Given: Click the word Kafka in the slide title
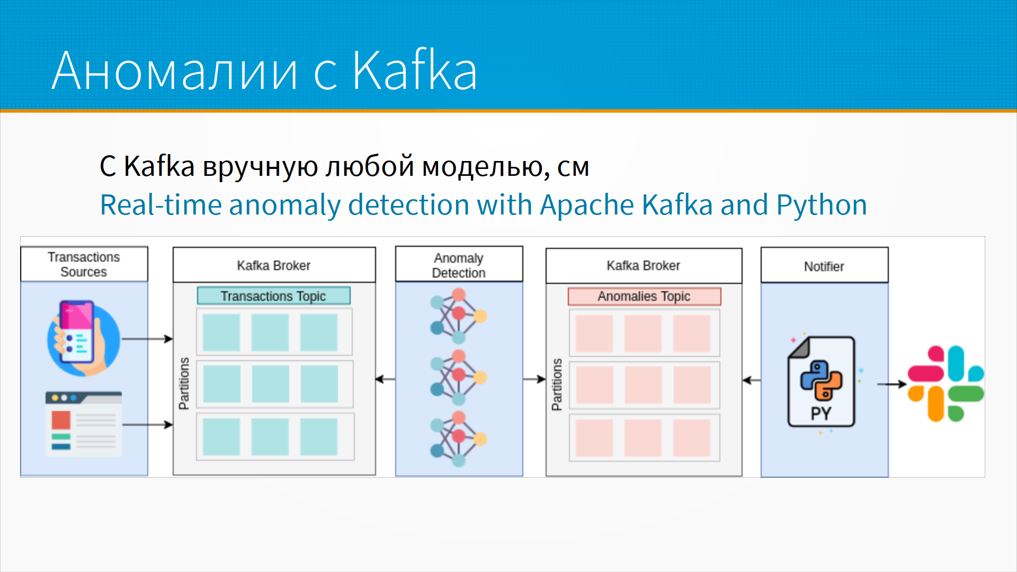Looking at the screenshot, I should click(x=414, y=70).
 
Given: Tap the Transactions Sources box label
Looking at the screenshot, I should click(x=84, y=264).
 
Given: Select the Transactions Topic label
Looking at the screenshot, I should click(x=273, y=296).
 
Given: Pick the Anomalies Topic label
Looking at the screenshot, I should click(x=644, y=296).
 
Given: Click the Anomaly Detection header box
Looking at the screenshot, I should click(x=459, y=265).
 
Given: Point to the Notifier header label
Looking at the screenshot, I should click(x=824, y=266).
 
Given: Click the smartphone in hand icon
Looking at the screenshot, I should click(x=83, y=338).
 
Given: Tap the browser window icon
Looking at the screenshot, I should click(x=84, y=424).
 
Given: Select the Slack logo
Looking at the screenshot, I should click(x=946, y=383).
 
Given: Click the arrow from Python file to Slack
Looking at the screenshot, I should click(x=891, y=384).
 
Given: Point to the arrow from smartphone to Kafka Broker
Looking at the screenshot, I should click(x=147, y=339).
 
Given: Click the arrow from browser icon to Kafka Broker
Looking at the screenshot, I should click(x=147, y=424).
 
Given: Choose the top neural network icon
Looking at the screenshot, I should click(x=458, y=316).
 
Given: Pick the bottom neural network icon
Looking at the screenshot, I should click(x=458, y=439).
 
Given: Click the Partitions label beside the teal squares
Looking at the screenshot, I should click(x=184, y=383).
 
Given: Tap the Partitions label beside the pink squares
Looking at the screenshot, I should click(x=556, y=385).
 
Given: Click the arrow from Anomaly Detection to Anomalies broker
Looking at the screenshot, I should click(x=534, y=379).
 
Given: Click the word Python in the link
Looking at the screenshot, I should click(x=822, y=205).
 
